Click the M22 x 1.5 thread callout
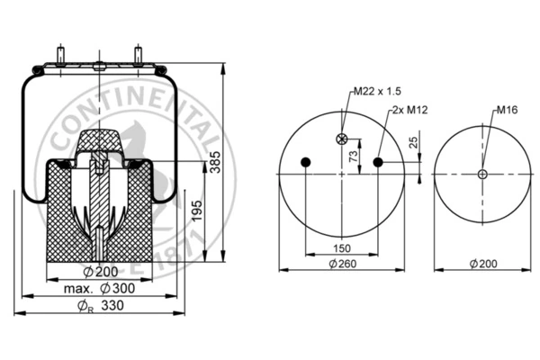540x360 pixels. tap(378, 91)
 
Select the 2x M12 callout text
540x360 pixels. tap(409, 110)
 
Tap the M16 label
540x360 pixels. tap(507, 110)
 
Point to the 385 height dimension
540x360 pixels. tap(215, 162)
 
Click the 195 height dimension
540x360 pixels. tap(197, 211)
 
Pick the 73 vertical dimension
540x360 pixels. tap(354, 156)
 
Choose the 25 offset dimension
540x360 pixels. tap(413, 142)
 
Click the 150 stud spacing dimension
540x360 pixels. tap(342, 248)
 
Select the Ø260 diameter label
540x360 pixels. tap(343, 264)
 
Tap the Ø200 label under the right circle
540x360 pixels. tap(483, 264)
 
